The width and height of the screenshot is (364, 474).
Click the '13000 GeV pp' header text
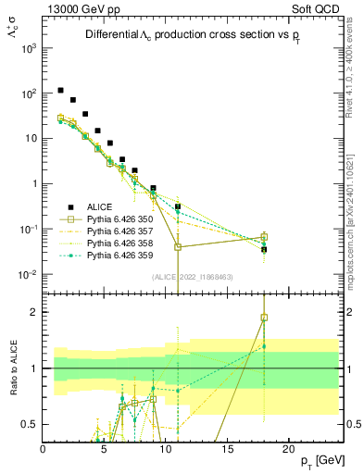[x=81, y=7]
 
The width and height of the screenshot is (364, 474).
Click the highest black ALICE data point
[x=60, y=91]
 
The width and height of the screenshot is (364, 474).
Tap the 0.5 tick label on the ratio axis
[x=30, y=424]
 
